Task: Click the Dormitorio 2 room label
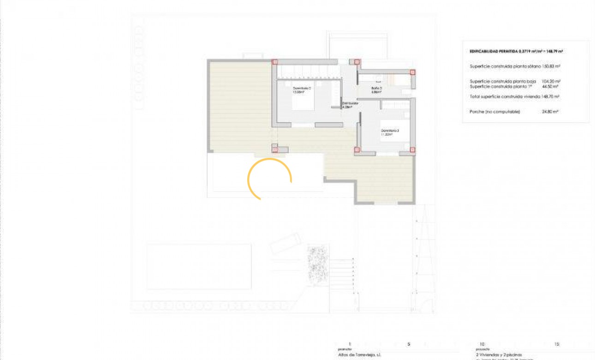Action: click(x=302, y=90)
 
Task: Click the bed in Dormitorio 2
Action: click(x=303, y=102)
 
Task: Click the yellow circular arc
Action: click(x=270, y=178)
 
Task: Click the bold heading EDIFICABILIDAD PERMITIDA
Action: click(x=493, y=51)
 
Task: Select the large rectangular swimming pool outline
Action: click(x=199, y=267)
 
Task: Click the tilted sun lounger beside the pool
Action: click(x=286, y=243)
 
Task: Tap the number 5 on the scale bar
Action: click(x=409, y=344)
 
